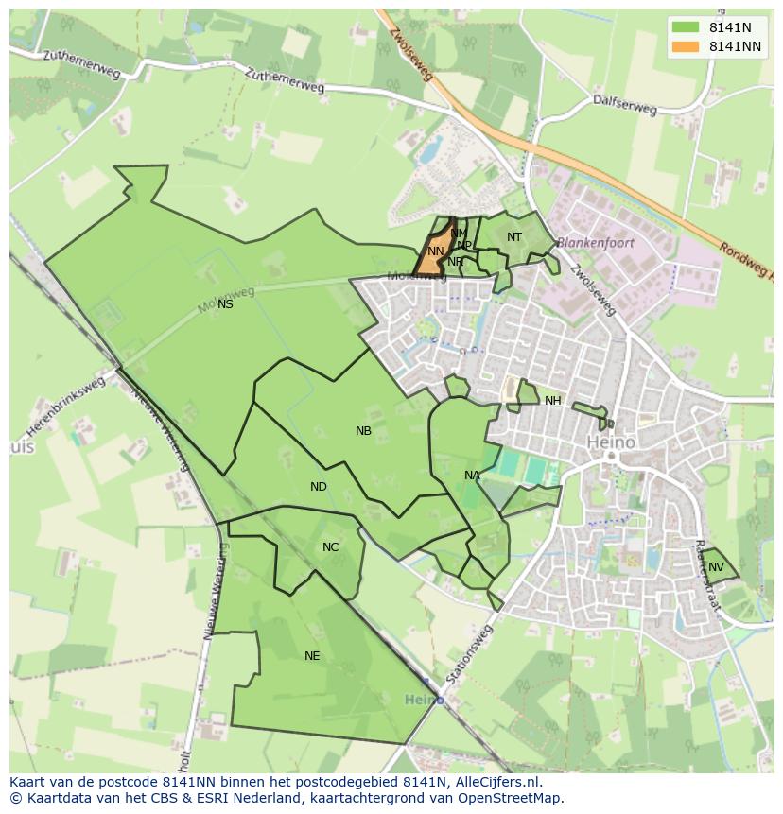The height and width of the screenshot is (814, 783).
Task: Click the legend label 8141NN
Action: click(737, 46)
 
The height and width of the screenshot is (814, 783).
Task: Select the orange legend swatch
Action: click(687, 46)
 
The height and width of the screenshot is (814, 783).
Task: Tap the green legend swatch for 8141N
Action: click(687, 27)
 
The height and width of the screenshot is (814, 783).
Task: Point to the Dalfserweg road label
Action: click(624, 103)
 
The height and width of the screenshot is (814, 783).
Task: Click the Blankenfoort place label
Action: click(595, 243)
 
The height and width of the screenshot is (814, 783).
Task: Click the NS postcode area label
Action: click(225, 304)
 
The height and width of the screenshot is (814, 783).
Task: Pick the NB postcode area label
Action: click(363, 431)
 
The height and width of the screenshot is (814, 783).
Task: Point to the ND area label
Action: click(319, 487)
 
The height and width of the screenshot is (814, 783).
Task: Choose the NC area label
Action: click(330, 547)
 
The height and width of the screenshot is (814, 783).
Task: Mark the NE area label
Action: click(312, 656)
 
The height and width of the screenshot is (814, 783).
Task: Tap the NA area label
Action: click(472, 476)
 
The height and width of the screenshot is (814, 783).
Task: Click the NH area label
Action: click(552, 401)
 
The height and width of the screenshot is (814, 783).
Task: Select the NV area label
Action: click(716, 567)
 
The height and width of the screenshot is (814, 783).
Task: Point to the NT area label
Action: click(514, 237)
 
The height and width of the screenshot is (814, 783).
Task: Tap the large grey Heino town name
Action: click(611, 442)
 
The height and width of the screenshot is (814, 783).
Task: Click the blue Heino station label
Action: click(424, 700)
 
